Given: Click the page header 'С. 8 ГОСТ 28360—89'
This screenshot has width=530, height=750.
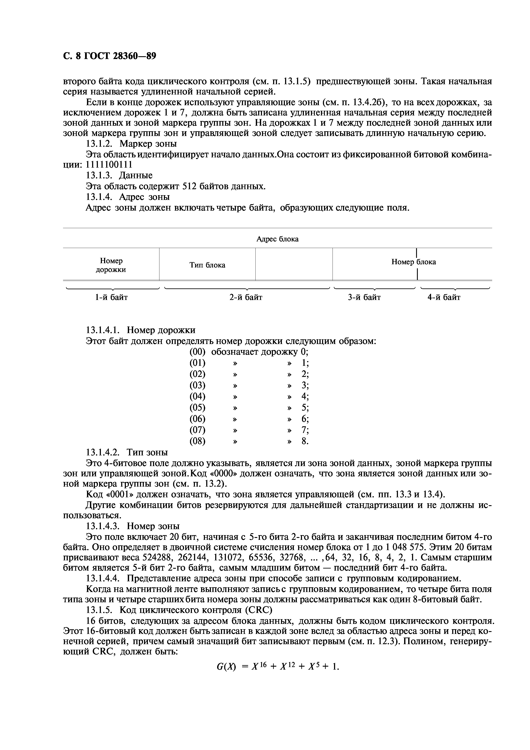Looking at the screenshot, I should pos(109,56).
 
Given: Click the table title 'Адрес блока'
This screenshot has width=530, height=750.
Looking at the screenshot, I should pos(277,239).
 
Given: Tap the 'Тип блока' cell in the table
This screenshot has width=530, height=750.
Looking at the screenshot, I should pos(207,265).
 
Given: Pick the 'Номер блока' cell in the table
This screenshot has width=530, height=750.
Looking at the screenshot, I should pos(413,262).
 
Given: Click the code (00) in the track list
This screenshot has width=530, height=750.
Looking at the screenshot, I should pos(197,352).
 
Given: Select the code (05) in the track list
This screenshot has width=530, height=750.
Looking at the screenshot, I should pos(197,408).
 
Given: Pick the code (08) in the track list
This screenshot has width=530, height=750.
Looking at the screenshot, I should pos(197,441).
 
